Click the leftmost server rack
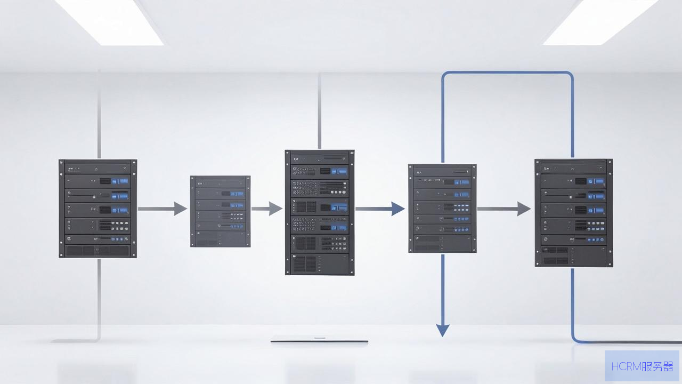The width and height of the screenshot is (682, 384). tap(98, 209)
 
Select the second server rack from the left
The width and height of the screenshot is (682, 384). tap(221, 211)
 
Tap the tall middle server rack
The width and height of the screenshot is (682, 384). tap(320, 212)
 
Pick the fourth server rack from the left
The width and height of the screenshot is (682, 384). tap(442, 209)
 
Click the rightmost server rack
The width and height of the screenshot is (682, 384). tap(574, 213)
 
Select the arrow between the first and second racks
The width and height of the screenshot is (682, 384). tap(163, 209)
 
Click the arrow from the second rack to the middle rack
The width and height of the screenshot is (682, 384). tap(267, 209)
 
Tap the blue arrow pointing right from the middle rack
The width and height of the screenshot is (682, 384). tap(380, 209)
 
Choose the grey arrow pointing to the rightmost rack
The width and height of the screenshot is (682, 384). tap(504, 209)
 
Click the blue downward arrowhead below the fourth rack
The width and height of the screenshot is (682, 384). tap(443, 330)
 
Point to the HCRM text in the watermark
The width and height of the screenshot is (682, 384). tap(626, 366)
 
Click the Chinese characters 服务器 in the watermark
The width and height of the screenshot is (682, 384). tap(657, 366)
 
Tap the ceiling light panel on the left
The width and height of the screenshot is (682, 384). tap(109, 22)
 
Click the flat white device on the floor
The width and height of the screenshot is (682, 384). tap(319, 339)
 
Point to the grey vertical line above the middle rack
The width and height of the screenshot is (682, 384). tap(319, 111)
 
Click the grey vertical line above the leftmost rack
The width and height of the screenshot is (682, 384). tap(99, 115)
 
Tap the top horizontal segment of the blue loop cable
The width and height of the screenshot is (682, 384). tap(508, 73)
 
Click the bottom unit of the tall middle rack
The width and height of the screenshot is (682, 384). tap(320, 264)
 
